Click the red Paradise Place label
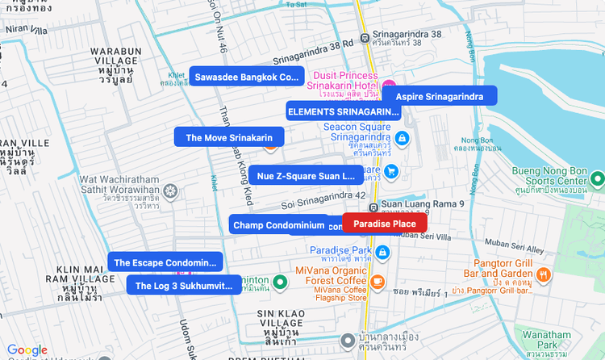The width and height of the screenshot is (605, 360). (x=385, y=224)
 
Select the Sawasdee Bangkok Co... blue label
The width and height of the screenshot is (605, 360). (x=246, y=77)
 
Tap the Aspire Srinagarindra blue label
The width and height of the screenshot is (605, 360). (x=439, y=97)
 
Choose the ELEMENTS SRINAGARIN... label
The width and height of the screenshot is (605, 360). (x=344, y=111)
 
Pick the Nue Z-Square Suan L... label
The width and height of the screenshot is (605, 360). (x=306, y=175)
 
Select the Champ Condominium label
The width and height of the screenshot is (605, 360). (x=278, y=225)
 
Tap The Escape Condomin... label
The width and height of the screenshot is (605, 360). (x=165, y=262)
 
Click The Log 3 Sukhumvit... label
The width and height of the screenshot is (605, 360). (x=183, y=285)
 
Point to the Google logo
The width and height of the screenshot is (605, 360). (x=27, y=350)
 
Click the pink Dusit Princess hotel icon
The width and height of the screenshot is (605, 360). (x=389, y=86)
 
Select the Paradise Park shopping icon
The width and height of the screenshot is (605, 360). (x=383, y=253)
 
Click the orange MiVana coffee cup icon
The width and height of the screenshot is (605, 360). (x=377, y=281)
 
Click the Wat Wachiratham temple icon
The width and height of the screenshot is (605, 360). (x=170, y=191)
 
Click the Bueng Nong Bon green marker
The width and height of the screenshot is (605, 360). (x=597, y=178)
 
